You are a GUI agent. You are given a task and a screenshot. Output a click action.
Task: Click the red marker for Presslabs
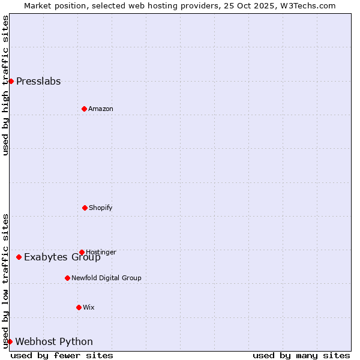click(x=11, y=81)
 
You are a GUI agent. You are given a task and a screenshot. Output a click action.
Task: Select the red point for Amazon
click(x=84, y=109)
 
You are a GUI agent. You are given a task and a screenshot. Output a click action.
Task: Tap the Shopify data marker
click(x=85, y=208)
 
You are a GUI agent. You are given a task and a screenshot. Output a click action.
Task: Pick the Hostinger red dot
click(x=82, y=252)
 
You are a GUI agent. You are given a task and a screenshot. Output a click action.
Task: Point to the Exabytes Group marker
click(x=19, y=257)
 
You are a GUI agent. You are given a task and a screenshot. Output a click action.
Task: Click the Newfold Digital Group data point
click(x=67, y=278)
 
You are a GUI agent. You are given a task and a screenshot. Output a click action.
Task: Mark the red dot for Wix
click(x=79, y=307)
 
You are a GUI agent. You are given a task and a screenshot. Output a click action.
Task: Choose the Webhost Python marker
click(x=10, y=341)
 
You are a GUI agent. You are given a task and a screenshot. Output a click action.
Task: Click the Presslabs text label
click(x=38, y=82)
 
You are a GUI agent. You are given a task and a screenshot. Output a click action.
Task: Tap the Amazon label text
click(x=101, y=109)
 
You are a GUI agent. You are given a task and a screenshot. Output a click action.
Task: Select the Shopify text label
click(x=101, y=208)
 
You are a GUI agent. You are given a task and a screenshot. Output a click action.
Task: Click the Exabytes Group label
click(x=62, y=257)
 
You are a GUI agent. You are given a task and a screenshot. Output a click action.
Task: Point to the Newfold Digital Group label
click(x=106, y=278)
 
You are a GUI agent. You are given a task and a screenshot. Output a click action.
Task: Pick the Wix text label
click(x=89, y=307)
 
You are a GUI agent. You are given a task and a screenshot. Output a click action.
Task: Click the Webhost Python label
click(x=54, y=342)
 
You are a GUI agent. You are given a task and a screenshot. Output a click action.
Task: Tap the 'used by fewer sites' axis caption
click(x=62, y=355)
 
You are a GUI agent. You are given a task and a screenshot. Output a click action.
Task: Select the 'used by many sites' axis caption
click(x=301, y=355)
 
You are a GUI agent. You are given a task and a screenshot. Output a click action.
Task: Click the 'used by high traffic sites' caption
click(x=5, y=85)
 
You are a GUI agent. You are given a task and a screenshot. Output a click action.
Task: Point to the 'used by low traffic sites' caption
click(x=5, y=281)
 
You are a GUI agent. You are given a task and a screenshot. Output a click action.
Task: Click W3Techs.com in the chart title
click(x=306, y=5)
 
